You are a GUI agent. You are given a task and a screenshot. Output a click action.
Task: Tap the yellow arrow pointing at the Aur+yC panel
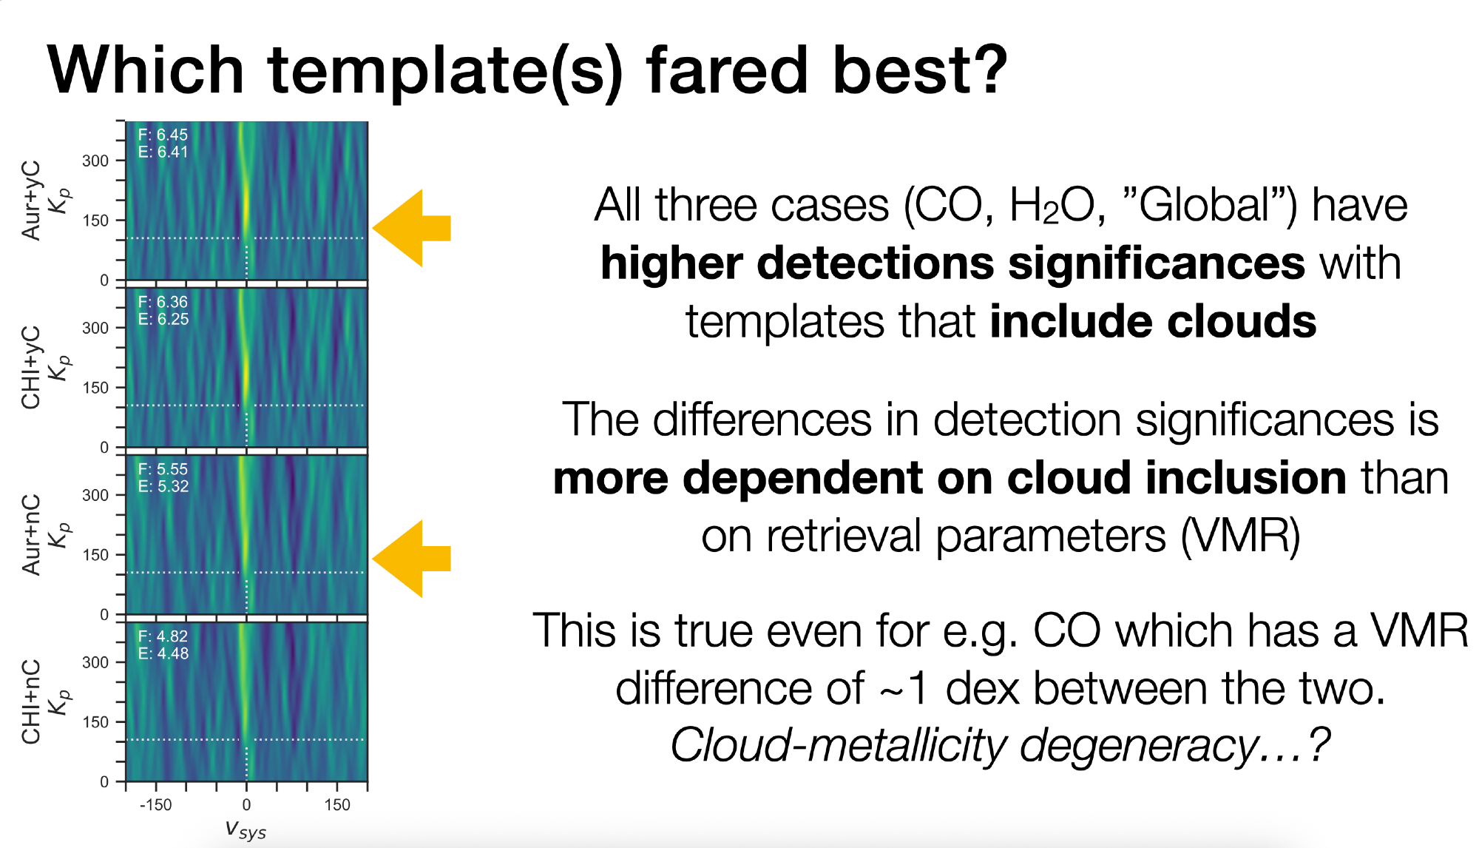[x=412, y=228]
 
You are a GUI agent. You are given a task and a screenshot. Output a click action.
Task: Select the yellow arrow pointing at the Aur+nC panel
[x=412, y=559]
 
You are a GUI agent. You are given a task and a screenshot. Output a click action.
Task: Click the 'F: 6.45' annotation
[x=163, y=135]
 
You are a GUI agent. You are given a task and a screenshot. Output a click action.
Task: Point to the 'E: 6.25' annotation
[x=163, y=319]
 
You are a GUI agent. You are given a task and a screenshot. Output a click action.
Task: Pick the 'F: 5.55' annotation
[x=163, y=469]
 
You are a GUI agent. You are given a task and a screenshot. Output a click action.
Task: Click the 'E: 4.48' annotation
[x=163, y=653]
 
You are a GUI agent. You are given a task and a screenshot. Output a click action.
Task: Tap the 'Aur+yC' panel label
[x=31, y=201]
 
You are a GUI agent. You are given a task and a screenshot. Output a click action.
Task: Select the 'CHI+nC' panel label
[x=31, y=701]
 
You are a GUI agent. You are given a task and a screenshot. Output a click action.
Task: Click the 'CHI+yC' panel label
[x=31, y=367]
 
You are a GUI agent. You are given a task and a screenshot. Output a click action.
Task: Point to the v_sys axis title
[x=246, y=830]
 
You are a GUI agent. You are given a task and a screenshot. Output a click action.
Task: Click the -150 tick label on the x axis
[x=155, y=805]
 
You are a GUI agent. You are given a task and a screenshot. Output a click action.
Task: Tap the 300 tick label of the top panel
[x=95, y=161]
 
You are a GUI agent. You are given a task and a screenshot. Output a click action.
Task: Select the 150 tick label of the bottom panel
[x=95, y=722]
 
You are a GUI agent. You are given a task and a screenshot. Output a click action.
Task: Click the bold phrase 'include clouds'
[x=1153, y=321]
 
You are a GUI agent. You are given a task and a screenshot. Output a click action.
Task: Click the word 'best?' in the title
[x=919, y=70]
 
